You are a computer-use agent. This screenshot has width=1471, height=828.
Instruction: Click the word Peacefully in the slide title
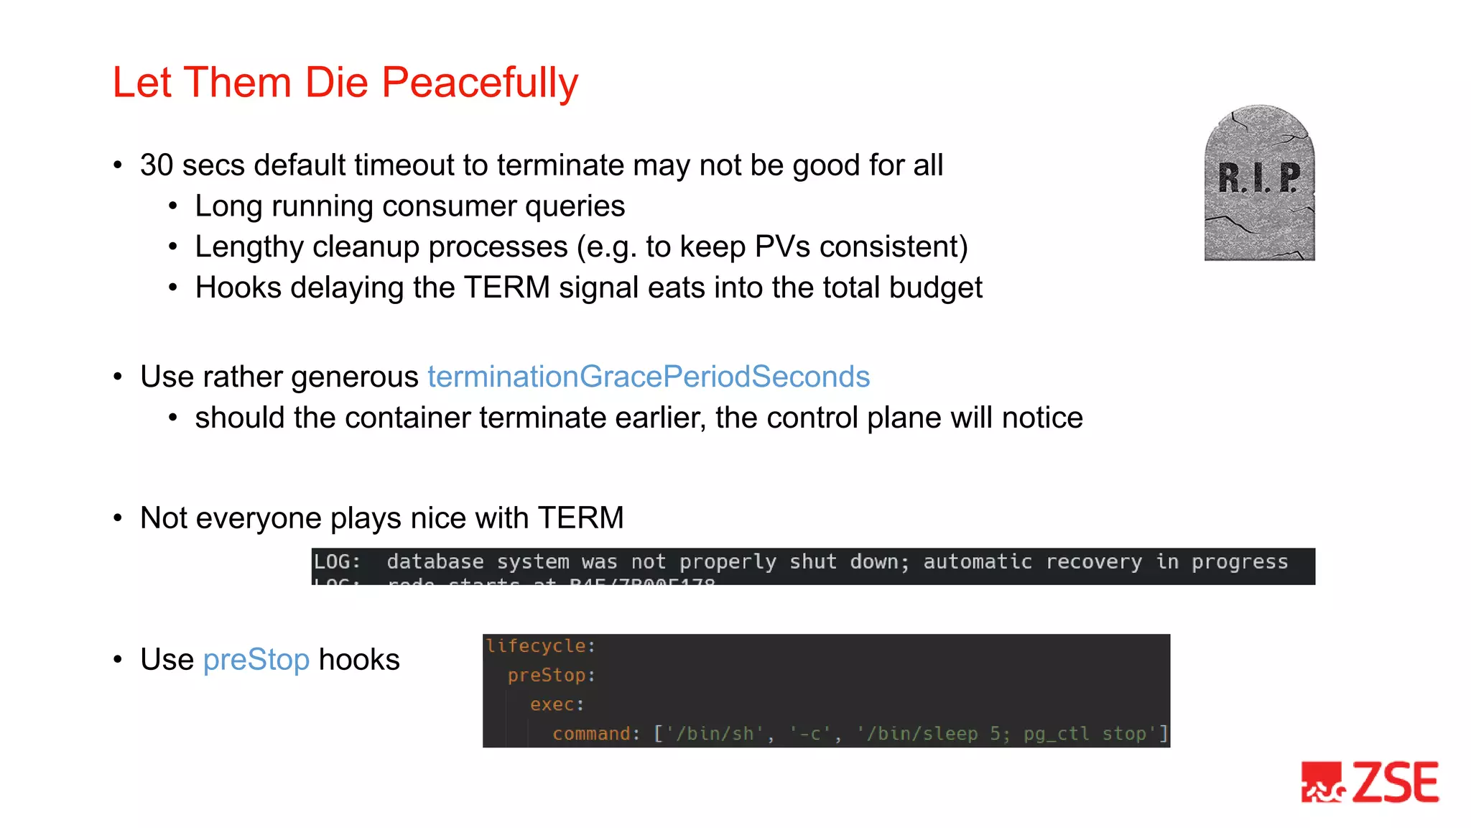pos(479,83)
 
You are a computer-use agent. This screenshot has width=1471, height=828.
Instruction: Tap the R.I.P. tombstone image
pos(1259,183)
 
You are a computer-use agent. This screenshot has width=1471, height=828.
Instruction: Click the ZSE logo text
pos(1396,782)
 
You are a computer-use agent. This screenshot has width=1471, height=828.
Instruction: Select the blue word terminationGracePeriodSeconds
pos(649,377)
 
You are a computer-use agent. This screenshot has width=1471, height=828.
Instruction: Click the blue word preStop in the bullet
pos(256,660)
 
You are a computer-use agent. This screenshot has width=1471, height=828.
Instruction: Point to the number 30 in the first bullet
pos(157,165)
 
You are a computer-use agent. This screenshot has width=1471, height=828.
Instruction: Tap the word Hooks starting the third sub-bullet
pos(238,287)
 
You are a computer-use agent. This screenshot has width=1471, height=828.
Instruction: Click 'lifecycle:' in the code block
pos(540,646)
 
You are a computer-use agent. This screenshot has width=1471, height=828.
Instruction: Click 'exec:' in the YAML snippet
pos(557,704)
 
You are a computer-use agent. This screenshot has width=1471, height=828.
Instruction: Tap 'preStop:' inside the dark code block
pos(551,676)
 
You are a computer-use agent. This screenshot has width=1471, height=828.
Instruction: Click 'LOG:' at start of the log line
pos(337,562)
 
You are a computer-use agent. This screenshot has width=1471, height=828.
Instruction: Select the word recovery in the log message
pos(1093,562)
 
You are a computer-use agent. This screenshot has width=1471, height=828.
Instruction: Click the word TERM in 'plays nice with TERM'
pos(580,518)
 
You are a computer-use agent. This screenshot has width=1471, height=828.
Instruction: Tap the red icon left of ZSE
pos(1322,782)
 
